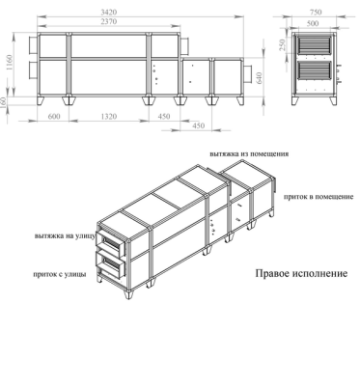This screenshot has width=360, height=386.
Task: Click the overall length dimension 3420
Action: [x=108, y=13]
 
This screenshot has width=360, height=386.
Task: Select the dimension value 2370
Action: [x=108, y=21]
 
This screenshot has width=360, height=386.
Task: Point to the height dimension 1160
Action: [x=9, y=63]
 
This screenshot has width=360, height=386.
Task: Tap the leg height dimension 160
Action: [x=4, y=103]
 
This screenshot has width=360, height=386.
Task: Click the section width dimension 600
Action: [x=54, y=117]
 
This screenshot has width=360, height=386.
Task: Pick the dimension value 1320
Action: [x=109, y=117]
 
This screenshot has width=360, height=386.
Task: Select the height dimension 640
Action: [x=260, y=78]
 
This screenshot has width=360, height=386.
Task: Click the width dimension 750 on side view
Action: [x=316, y=13]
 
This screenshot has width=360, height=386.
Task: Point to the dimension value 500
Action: [x=313, y=23]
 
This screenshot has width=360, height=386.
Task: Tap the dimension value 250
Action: [x=282, y=45]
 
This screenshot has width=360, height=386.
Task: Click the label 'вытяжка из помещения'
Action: [x=249, y=153]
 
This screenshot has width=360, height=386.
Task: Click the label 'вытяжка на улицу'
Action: [x=65, y=236]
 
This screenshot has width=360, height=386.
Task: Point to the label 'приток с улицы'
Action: [x=60, y=275]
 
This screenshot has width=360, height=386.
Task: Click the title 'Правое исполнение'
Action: [x=301, y=273]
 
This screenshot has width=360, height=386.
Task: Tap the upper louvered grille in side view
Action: [x=314, y=45]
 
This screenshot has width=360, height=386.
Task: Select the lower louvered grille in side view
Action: [x=314, y=70]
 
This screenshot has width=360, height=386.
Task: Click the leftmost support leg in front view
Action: [x=42, y=100]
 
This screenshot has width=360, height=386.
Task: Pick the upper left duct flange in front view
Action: [x=33, y=45]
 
